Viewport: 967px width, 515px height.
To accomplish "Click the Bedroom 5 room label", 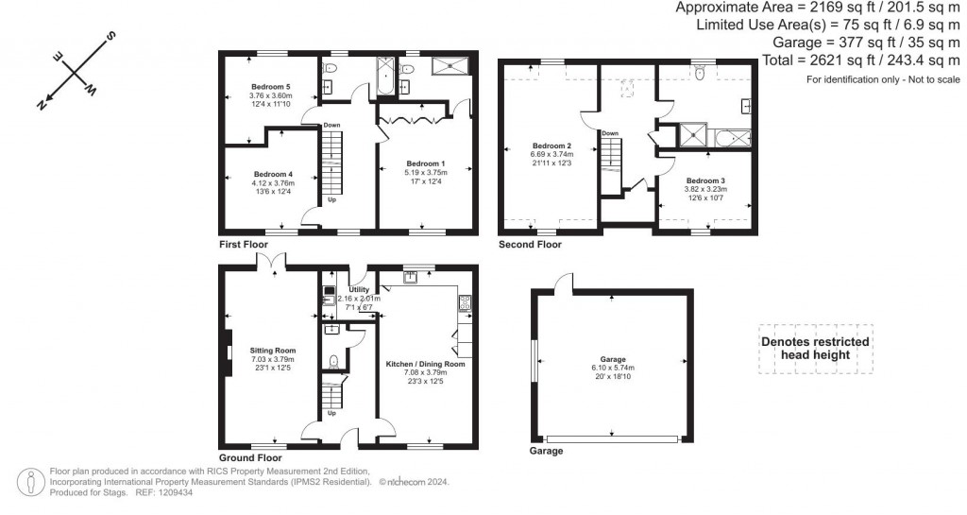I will pos(270,87).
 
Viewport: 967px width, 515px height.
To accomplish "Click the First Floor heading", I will pos(245,244).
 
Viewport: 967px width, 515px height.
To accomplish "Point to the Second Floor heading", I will pos(530,244).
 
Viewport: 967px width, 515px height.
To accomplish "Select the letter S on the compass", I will pos(110,37).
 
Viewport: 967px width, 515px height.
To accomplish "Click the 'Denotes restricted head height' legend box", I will pos(816,349).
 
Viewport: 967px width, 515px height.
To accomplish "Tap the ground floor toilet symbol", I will pos(334,362).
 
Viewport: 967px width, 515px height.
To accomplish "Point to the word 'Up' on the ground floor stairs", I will pos(331,413).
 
